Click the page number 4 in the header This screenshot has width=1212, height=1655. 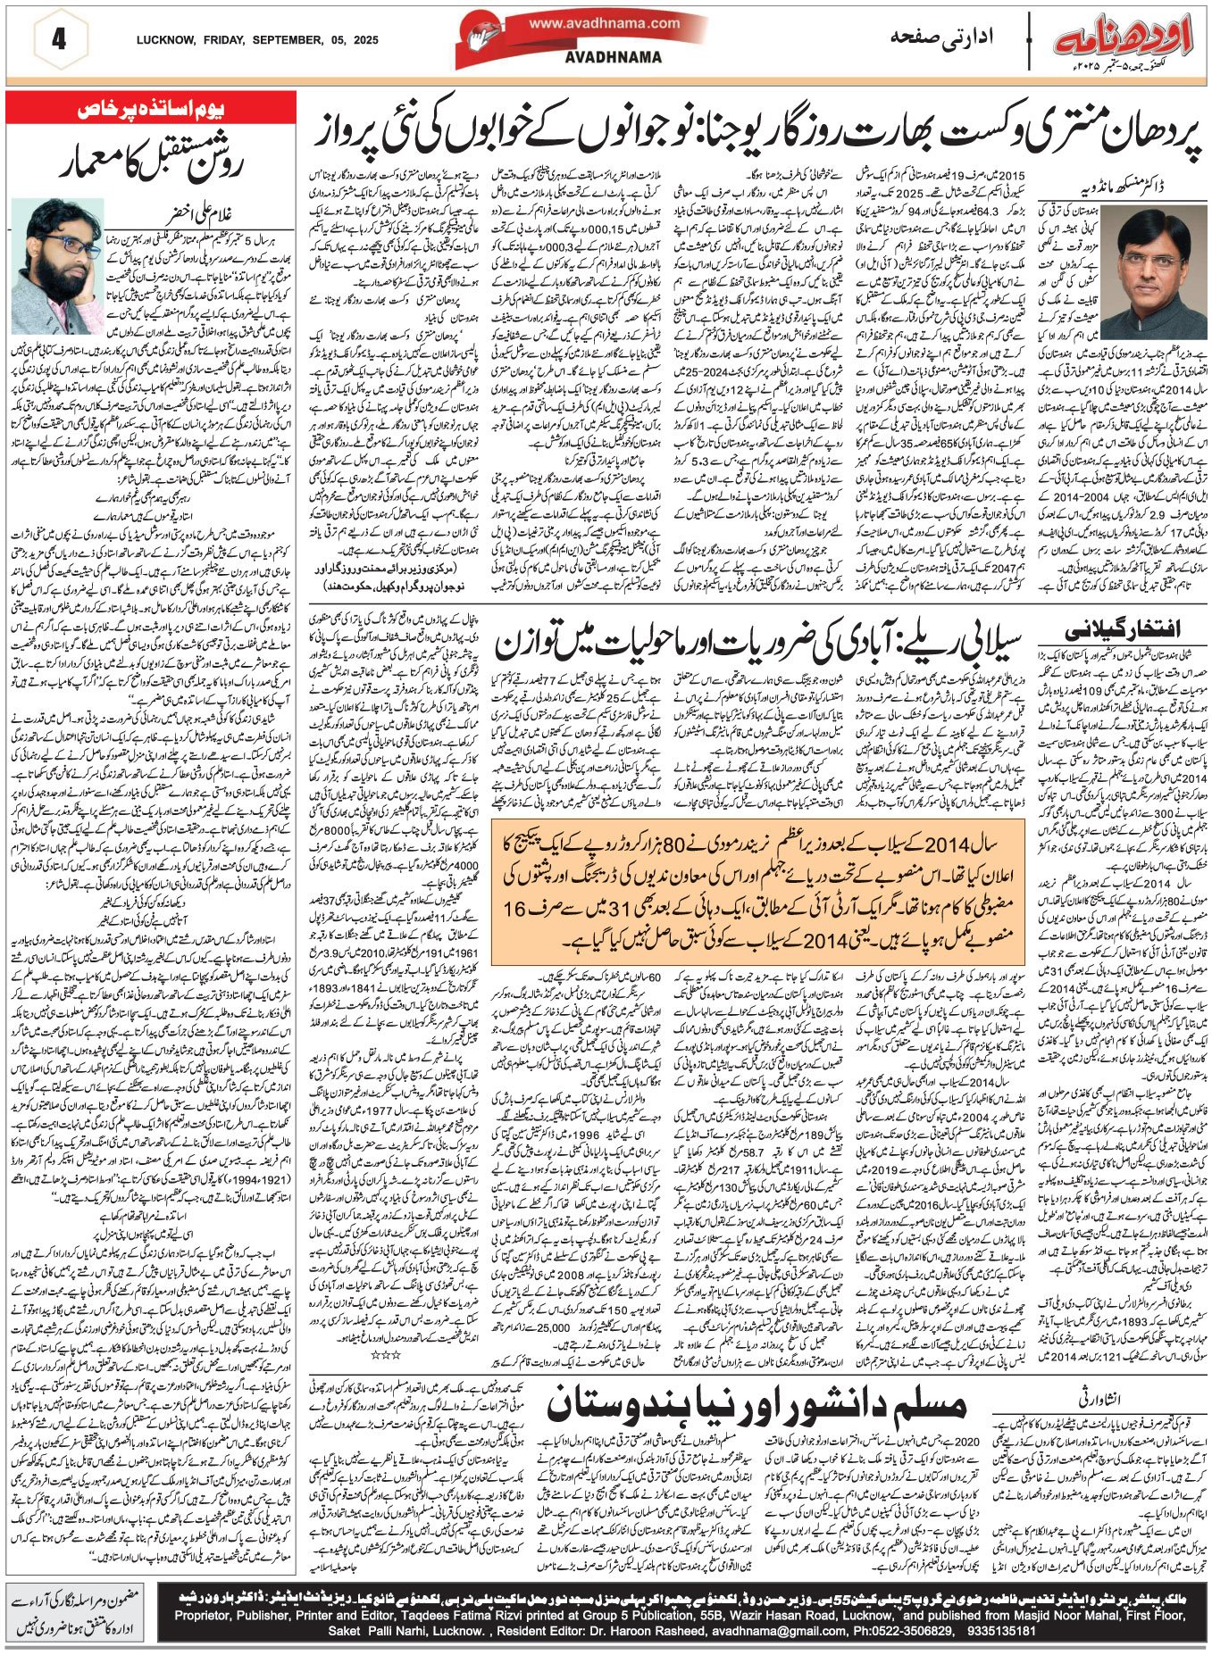tap(60, 39)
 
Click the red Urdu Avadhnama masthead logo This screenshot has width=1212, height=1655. tap(1124, 38)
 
